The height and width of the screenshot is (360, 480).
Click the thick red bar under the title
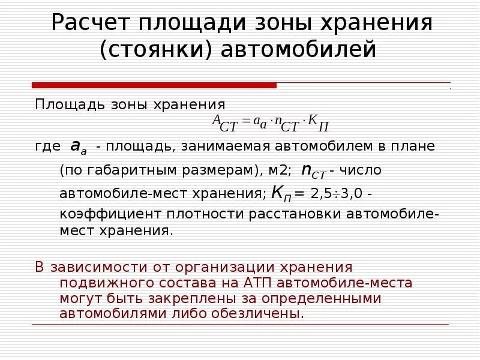(154, 85)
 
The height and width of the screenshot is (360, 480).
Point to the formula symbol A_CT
(224, 122)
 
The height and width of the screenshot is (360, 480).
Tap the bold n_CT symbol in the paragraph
(313, 172)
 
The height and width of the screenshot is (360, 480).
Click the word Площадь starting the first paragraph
(61, 104)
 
